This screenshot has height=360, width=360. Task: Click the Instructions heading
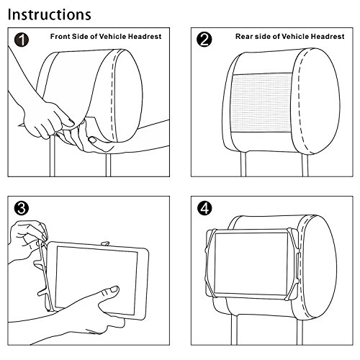[x=50, y=14]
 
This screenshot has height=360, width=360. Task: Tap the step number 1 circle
[x=22, y=40]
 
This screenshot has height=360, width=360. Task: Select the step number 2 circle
[x=204, y=40]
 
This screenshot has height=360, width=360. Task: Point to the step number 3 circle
[x=22, y=208]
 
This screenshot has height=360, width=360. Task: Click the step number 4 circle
[x=204, y=208]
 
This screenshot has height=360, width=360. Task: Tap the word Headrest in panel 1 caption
[x=145, y=37]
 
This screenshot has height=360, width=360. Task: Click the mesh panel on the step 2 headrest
[x=261, y=103]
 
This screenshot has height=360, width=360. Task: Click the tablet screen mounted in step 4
[x=251, y=264]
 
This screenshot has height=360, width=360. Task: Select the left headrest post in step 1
[x=53, y=156]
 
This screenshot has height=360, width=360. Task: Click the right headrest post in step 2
[x=305, y=165]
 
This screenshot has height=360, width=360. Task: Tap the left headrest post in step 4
[x=235, y=330]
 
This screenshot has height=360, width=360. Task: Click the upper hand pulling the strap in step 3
[x=27, y=240]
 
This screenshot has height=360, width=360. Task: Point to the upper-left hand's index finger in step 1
[x=65, y=118]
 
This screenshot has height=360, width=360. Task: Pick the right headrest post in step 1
[x=109, y=165]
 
